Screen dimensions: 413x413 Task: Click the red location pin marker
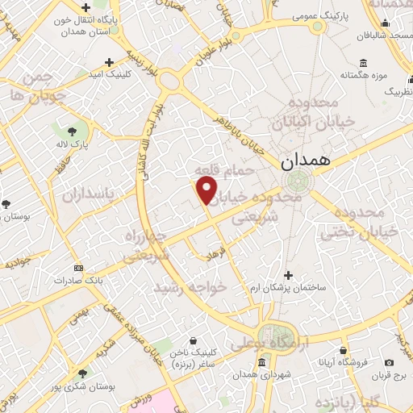(x=207, y=190)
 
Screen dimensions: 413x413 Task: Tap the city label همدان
(x=307, y=161)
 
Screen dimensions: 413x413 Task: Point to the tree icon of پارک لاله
(x=70, y=130)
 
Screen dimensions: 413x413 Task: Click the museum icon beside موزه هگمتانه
(x=363, y=64)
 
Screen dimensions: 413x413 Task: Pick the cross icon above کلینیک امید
(x=110, y=61)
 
